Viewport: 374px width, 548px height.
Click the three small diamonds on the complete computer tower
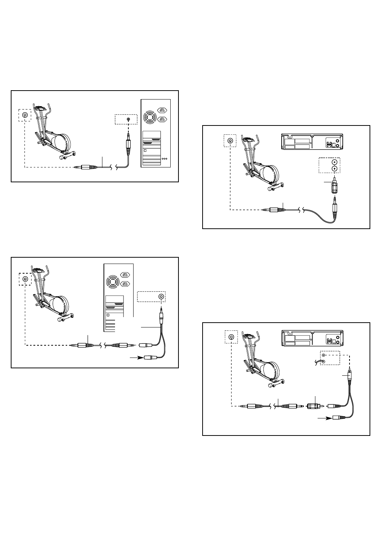[x=165, y=158]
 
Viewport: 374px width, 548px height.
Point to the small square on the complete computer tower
[x=145, y=150]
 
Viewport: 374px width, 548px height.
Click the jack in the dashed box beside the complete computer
[x=128, y=119]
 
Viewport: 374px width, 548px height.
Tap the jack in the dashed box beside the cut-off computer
[x=161, y=297]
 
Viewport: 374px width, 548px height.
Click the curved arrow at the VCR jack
[x=317, y=362]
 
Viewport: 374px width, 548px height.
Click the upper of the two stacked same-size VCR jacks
[x=335, y=162]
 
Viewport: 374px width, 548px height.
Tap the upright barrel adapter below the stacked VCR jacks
[x=335, y=183]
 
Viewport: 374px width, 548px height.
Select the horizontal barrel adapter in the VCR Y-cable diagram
[x=314, y=406]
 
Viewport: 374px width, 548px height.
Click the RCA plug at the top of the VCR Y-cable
[x=349, y=375]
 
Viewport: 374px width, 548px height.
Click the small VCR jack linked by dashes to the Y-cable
[x=323, y=356]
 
